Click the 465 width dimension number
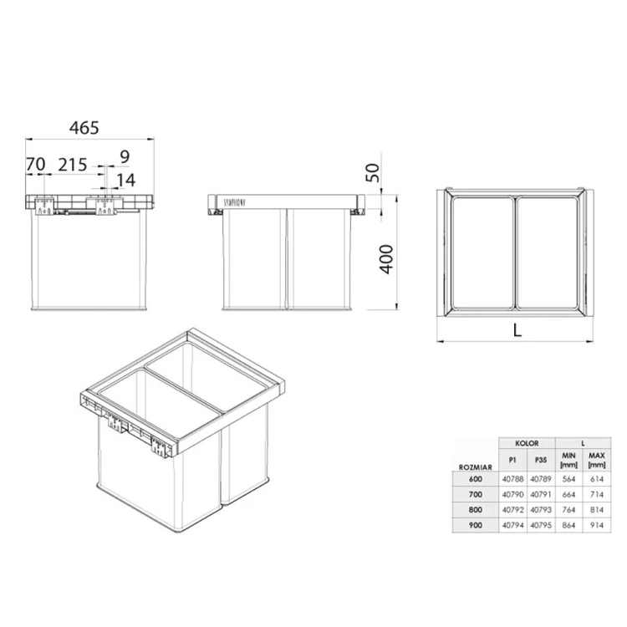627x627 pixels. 84,128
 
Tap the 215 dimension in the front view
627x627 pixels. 73,165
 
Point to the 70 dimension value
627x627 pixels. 35,165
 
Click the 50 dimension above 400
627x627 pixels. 374,173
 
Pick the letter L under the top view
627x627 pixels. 517,329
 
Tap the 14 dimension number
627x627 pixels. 125,180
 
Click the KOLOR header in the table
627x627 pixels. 526,443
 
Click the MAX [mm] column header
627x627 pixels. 597,459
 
